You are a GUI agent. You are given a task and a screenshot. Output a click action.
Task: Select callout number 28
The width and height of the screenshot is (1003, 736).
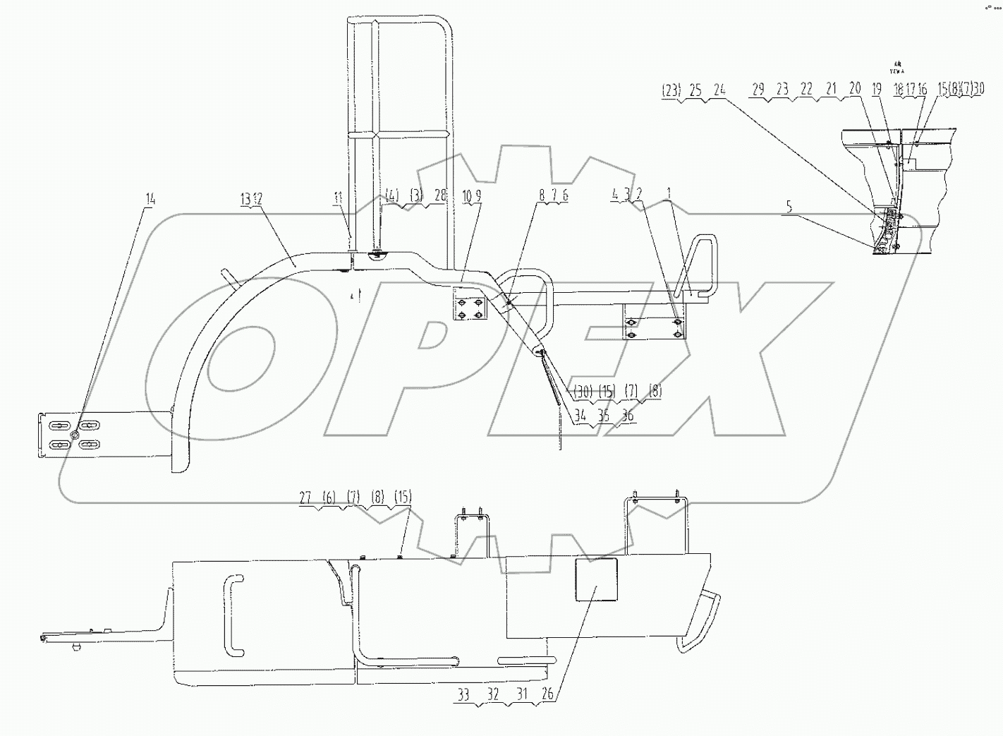pyautogui.click(x=441, y=195)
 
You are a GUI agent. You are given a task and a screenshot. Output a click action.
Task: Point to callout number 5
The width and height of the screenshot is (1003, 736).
pyautogui.click(x=790, y=207)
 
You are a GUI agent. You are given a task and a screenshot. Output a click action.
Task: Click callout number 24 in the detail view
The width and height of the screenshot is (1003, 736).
pyautogui.click(x=719, y=90)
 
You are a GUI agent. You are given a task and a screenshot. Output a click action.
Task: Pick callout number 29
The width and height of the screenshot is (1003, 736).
pyautogui.click(x=758, y=90)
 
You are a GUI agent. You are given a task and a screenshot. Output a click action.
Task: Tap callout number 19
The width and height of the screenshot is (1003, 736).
pyautogui.click(x=876, y=90)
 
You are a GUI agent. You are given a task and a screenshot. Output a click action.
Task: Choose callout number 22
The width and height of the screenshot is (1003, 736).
pyautogui.click(x=807, y=90)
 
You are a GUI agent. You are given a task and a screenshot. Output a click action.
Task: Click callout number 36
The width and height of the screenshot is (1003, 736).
pyautogui.click(x=627, y=416)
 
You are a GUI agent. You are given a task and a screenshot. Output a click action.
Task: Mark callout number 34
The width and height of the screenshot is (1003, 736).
pyautogui.click(x=580, y=416)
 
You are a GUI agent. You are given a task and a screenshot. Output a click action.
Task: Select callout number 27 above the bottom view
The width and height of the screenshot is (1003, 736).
pyautogui.click(x=305, y=497)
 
